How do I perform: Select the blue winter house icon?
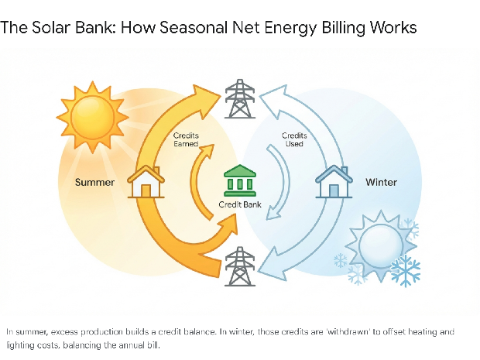pyautogui.click(x=334, y=182)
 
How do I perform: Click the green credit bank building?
pyautogui.click(x=239, y=180)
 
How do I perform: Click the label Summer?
pyautogui.click(x=94, y=183)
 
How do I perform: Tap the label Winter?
pyautogui.click(x=381, y=183)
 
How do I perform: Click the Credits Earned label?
pyautogui.click(x=186, y=139)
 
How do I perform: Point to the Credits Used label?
pyautogui.click(x=294, y=139)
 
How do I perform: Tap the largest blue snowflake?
pyautogui.click(x=406, y=269)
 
